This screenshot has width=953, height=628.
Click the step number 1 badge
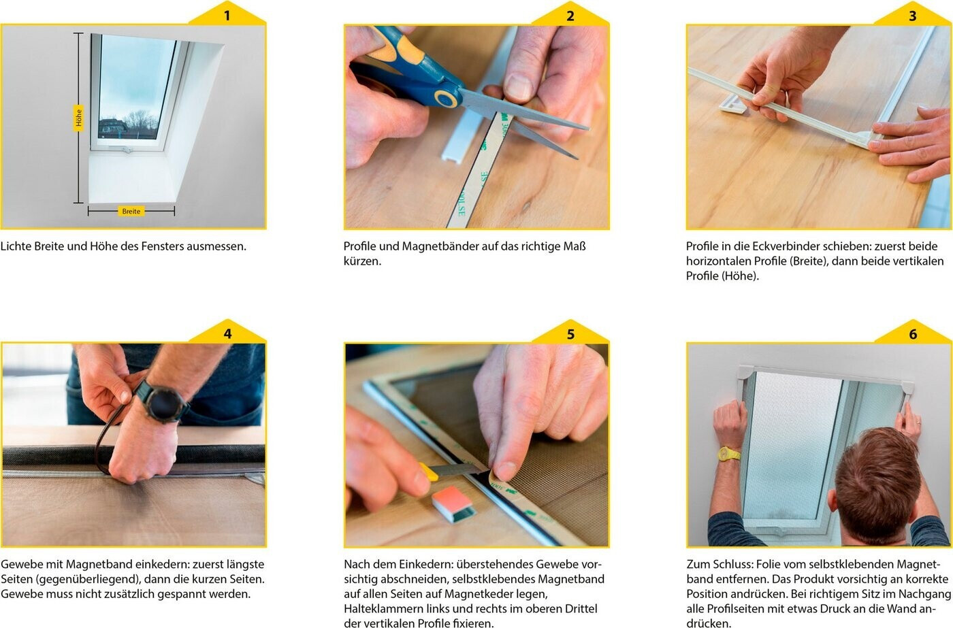click(x=227, y=14)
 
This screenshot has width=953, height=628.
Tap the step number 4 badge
click(x=227, y=333)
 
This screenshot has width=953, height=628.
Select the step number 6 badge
click(x=913, y=333)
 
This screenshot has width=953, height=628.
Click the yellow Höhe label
click(x=78, y=118)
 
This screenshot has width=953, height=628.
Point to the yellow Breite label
click(x=131, y=212)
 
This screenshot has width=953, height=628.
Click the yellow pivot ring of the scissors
click(x=446, y=99)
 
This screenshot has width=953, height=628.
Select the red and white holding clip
click(x=453, y=503)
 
